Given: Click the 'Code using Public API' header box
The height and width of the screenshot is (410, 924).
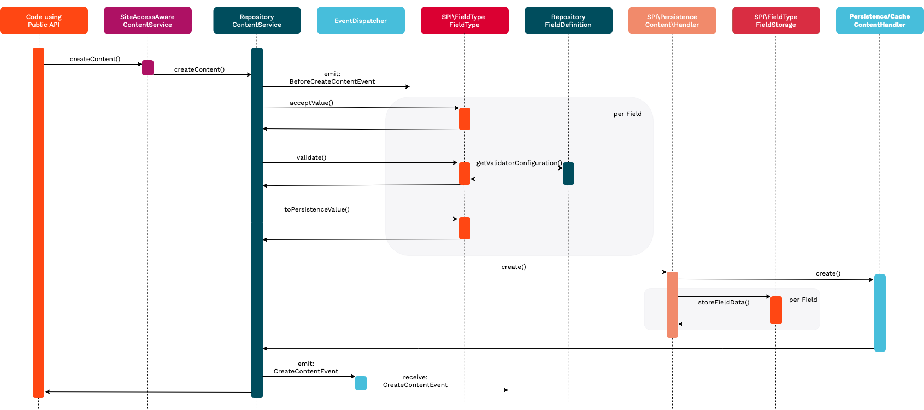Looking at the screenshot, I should (44, 21).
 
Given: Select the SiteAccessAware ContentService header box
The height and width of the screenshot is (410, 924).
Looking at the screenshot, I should (148, 21).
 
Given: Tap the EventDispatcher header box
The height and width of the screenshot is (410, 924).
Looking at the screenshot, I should (361, 21).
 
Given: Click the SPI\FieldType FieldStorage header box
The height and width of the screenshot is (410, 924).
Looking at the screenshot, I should (776, 21).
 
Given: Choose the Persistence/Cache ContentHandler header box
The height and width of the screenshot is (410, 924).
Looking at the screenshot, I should (880, 21).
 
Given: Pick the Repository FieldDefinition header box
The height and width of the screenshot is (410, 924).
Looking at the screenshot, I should (568, 21).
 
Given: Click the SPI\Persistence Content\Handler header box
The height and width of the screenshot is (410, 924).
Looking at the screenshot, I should (672, 21).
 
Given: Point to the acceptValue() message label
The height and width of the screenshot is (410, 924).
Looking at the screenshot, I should (311, 103).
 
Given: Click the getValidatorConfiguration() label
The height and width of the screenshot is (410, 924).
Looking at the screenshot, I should (519, 163).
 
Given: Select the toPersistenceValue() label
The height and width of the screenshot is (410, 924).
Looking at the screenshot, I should (317, 209).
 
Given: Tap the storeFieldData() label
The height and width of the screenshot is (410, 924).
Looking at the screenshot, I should (723, 302).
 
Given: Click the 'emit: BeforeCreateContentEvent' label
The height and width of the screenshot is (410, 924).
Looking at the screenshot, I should (332, 78).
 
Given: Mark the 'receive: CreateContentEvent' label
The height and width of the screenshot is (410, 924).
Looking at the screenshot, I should (415, 381).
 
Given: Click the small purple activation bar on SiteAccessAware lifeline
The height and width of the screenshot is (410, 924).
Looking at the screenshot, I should (148, 68).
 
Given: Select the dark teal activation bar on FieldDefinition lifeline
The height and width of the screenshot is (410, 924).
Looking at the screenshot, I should (568, 173).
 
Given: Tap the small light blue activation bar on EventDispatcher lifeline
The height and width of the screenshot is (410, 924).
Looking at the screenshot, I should (361, 383).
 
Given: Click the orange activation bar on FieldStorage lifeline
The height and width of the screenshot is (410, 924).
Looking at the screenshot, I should (776, 310).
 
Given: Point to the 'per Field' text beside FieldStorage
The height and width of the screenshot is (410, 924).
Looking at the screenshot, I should (803, 300).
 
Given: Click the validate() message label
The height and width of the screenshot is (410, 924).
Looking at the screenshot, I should (311, 157).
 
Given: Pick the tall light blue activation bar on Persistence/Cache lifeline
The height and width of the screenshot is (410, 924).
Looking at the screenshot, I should (880, 313).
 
